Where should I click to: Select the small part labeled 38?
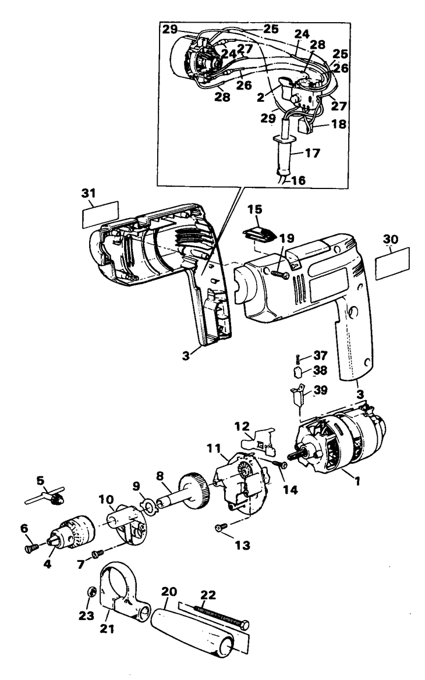(x=297, y=371)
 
